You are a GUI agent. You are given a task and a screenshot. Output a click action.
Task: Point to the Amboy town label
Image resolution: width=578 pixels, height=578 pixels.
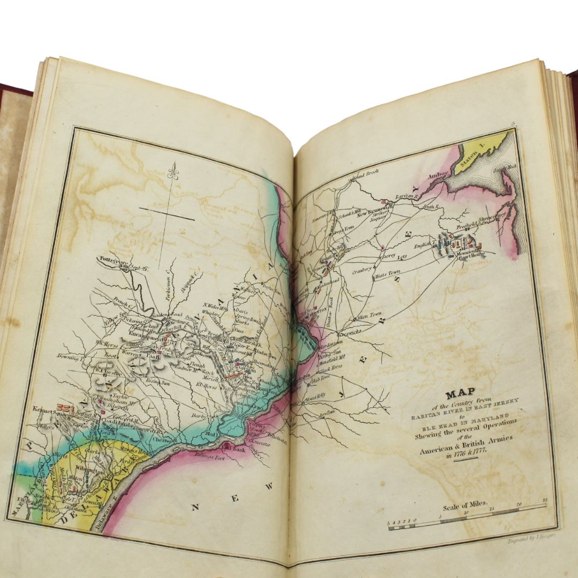[437, 176]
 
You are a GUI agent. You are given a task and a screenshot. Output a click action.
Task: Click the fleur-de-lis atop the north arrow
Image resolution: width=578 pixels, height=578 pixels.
[172, 170]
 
